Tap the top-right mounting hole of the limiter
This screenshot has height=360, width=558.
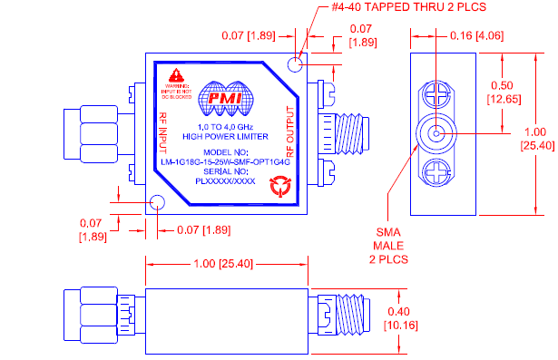294,63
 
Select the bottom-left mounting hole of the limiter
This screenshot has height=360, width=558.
156,202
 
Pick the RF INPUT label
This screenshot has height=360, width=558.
164,131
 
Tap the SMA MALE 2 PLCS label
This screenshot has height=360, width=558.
390,245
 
